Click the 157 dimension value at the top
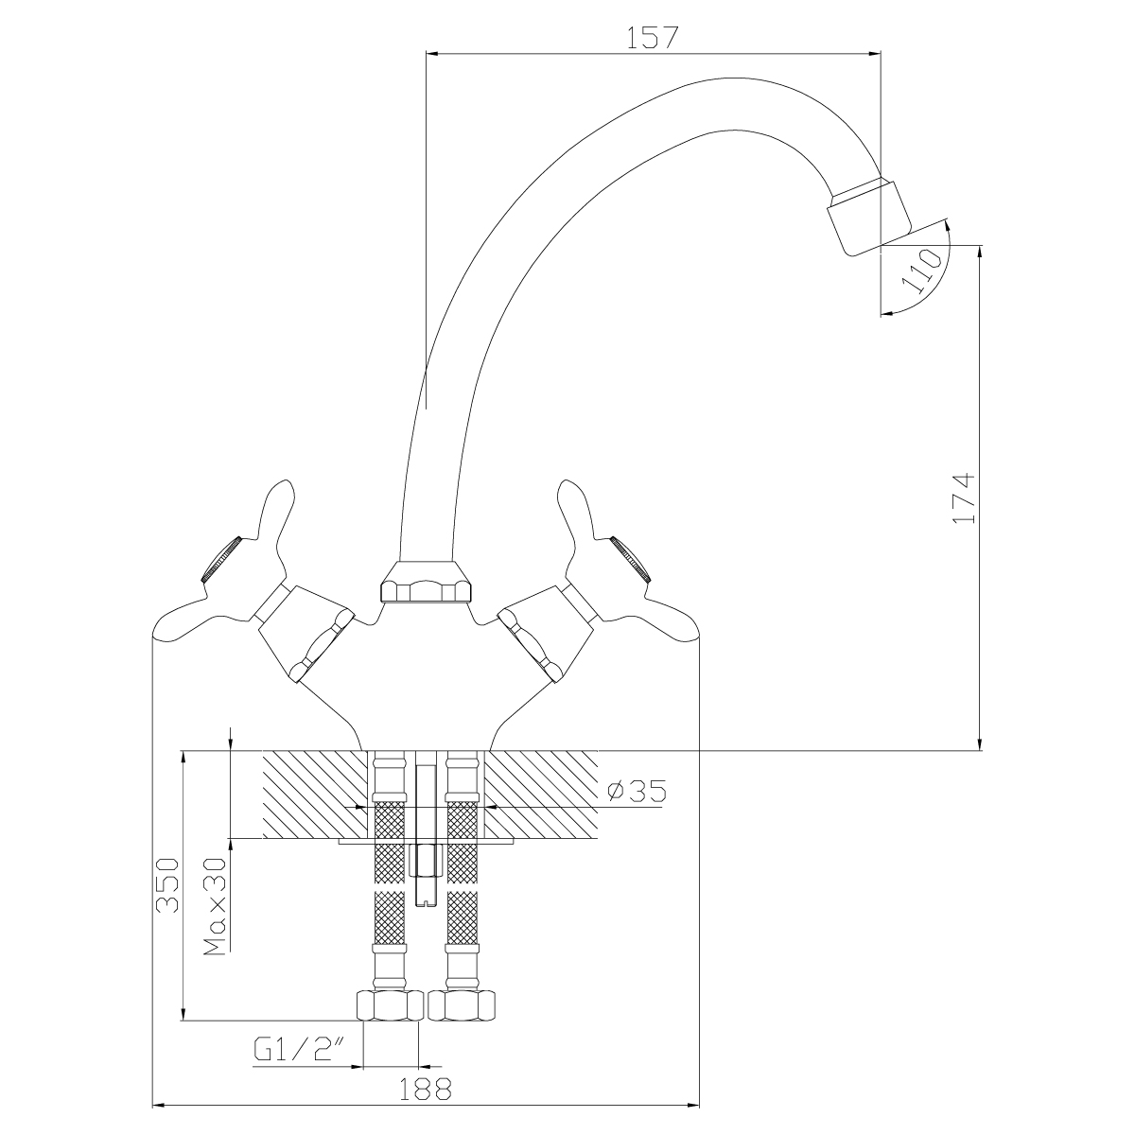coord(652,38)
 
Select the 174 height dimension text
coord(964,498)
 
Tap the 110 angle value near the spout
coord(922,271)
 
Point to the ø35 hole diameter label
coord(637,791)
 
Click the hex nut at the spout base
coord(427,584)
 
